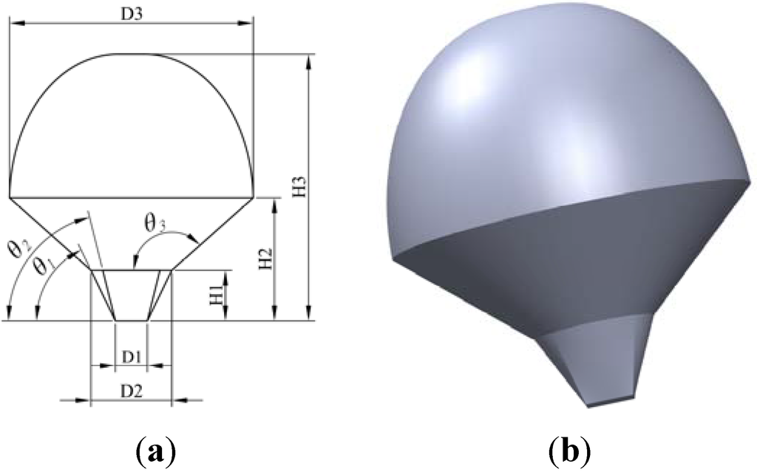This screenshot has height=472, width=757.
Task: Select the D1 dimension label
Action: [132, 357]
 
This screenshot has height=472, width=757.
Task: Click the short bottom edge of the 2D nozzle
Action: [132, 321]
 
